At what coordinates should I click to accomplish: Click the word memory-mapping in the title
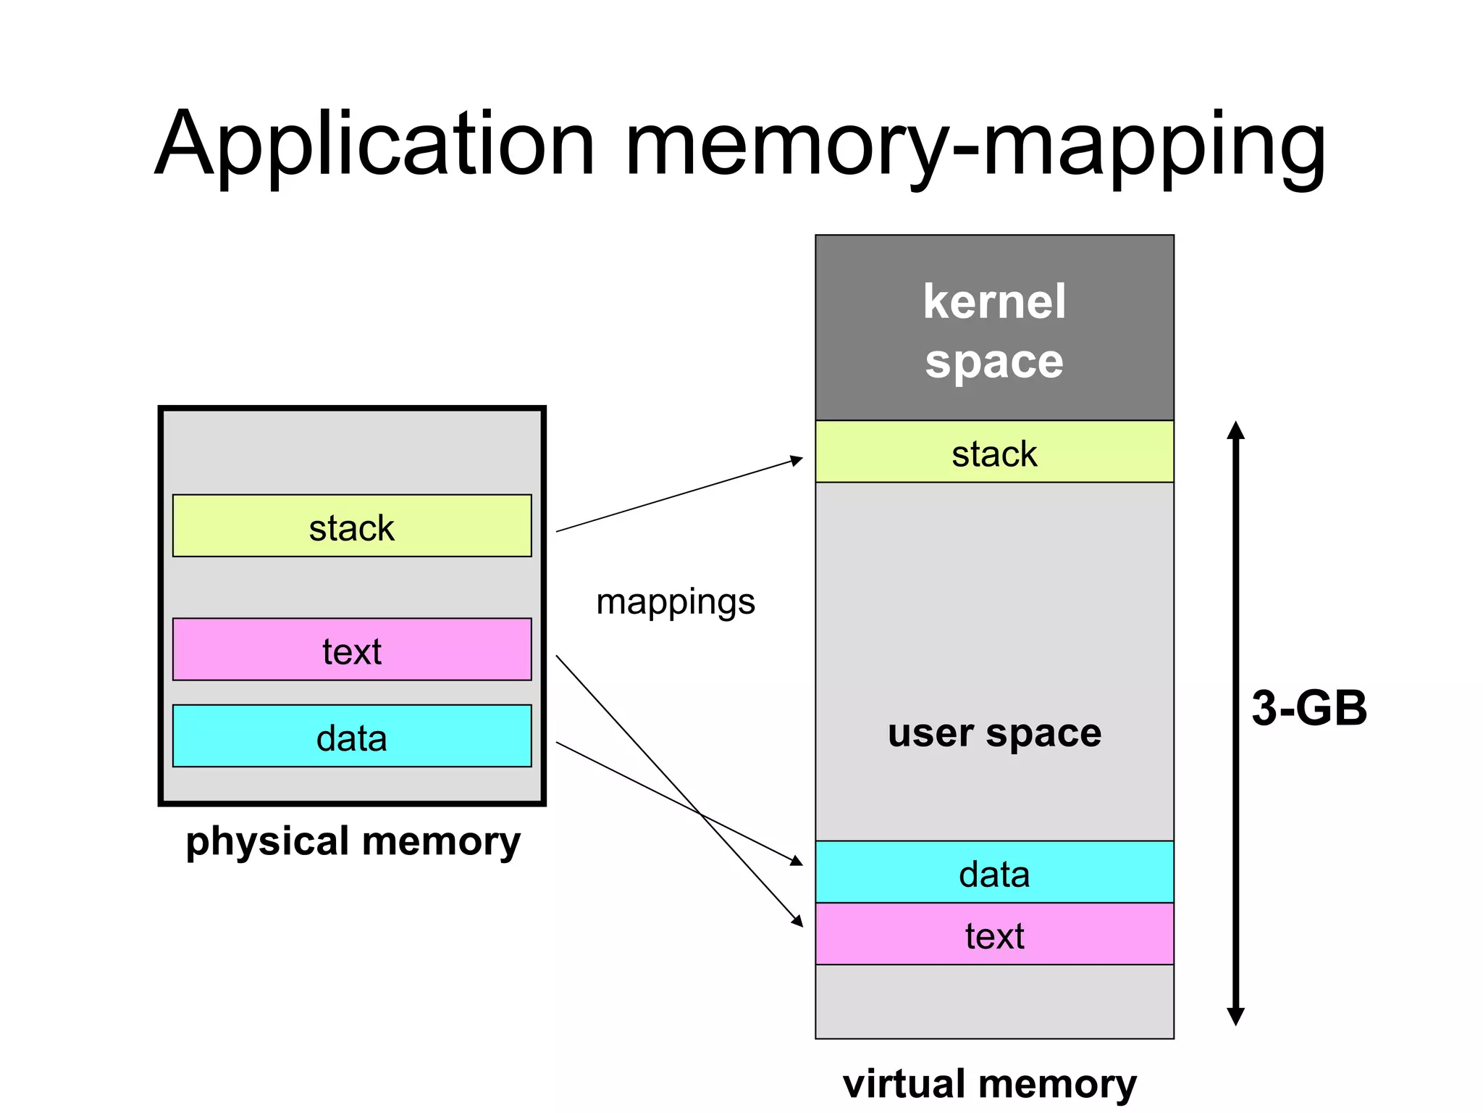pyautogui.click(x=974, y=145)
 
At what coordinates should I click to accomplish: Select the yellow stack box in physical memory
pyautogui.click(x=352, y=526)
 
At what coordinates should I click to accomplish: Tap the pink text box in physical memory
pyautogui.click(x=352, y=649)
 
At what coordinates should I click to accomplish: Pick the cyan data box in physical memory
pyautogui.click(x=352, y=736)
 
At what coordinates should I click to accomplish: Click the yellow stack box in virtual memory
pyautogui.click(x=994, y=452)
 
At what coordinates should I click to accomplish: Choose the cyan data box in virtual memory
pyautogui.click(x=994, y=872)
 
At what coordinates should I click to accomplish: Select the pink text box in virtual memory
pyautogui.click(x=994, y=934)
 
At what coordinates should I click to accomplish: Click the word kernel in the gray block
pyautogui.click(x=994, y=301)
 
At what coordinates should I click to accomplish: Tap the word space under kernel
pyautogui.click(x=994, y=362)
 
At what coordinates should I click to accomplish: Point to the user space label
pyautogui.click(x=994, y=733)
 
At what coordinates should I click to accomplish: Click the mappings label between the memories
pyautogui.click(x=675, y=602)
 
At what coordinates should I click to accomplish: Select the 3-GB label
pyautogui.click(x=1309, y=708)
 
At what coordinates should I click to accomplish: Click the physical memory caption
pyautogui.click(x=353, y=841)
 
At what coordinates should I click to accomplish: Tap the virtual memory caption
pyautogui.click(x=989, y=1084)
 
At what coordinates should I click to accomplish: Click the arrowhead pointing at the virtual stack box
pyautogui.click(x=797, y=460)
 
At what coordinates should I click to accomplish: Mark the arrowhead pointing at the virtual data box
pyautogui.click(x=797, y=861)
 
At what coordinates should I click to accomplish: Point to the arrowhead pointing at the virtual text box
pyautogui.click(x=798, y=921)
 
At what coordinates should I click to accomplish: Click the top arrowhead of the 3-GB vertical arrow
pyautogui.click(x=1236, y=430)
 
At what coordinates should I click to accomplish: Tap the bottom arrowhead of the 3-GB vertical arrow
pyautogui.click(x=1236, y=1016)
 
